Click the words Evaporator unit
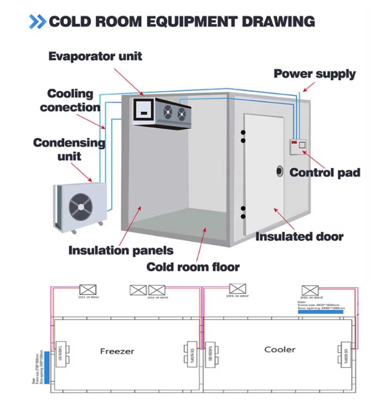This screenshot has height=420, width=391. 95,57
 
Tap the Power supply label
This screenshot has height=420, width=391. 314,74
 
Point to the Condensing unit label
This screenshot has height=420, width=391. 69,149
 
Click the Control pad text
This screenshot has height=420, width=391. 325,173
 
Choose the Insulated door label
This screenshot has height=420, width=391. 299,237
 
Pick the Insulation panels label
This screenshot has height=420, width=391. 121,251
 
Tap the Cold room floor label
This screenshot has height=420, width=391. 193,267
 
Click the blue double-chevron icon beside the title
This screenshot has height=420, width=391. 37,21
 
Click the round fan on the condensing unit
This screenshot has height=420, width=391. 81,207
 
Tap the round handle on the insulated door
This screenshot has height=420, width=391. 280,171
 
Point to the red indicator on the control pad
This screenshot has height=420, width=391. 294,142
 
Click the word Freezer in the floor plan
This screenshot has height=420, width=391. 117,351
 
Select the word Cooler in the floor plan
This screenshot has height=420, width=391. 280,349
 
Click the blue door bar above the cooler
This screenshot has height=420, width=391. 321,312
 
